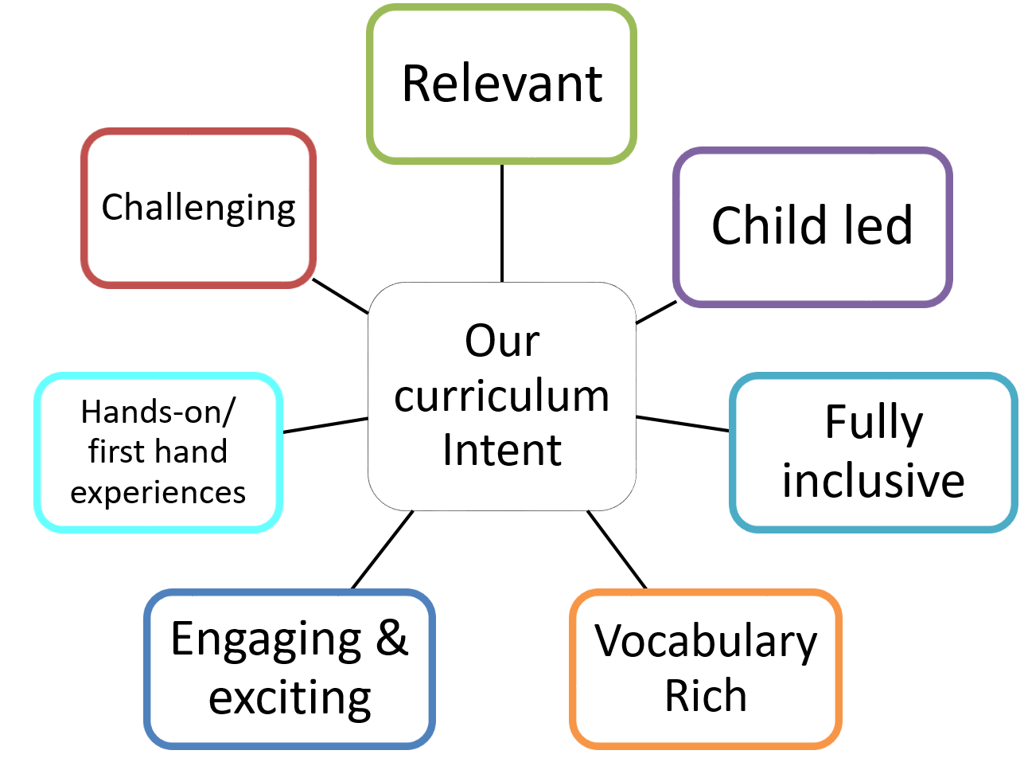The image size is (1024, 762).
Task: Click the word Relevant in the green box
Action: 502,84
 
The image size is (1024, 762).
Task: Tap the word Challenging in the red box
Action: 199,208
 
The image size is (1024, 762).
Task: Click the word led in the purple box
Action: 879,225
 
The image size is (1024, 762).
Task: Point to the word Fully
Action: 874,424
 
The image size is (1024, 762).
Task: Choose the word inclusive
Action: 874,481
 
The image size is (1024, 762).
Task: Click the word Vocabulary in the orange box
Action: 706,643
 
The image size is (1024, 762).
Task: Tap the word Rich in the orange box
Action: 706,695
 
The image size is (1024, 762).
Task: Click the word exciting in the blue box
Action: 290,698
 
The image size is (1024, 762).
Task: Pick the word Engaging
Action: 266,642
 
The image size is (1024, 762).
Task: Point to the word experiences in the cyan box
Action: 158,493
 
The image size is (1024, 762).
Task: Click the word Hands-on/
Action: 158,412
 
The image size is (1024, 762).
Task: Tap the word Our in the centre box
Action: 502,341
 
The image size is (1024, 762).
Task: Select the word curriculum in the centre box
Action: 502,396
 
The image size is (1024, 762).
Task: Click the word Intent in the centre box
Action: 502,450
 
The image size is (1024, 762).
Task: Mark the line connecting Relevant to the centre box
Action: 502,223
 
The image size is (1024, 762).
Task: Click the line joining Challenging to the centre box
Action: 341,296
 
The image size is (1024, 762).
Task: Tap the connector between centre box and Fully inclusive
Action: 683,424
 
